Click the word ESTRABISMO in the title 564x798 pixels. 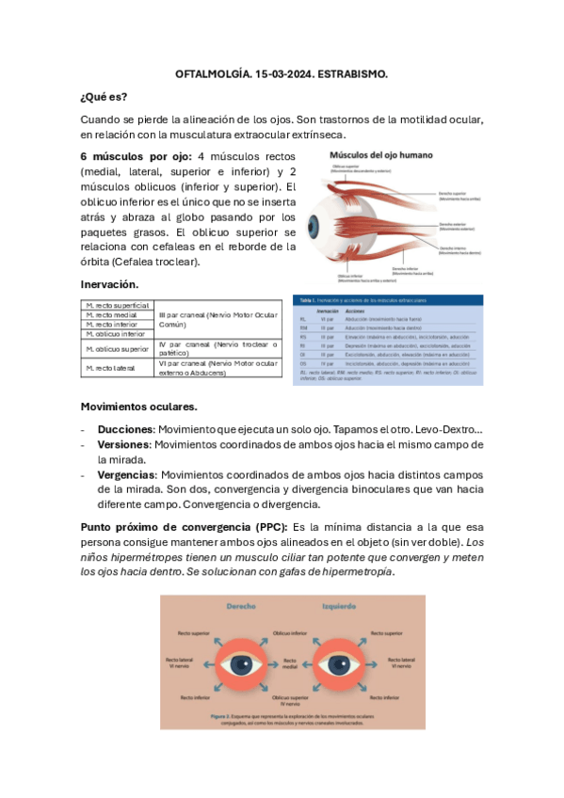(354, 72)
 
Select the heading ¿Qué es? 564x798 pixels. (104, 96)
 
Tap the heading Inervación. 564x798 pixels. (109, 283)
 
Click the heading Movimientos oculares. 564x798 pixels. (138, 406)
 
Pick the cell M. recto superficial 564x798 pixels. (117, 305)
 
